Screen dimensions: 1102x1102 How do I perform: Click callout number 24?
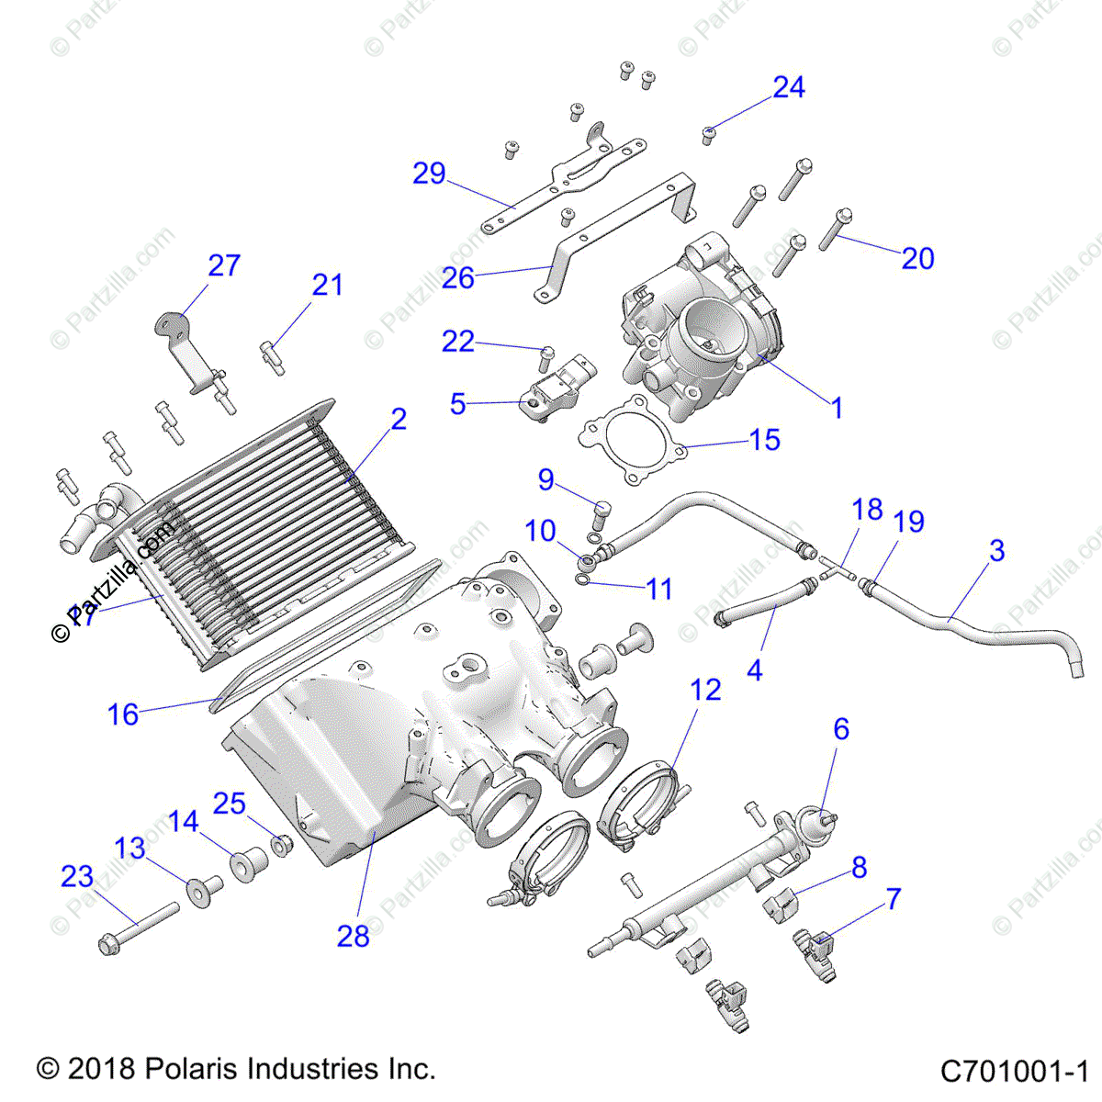[789, 87]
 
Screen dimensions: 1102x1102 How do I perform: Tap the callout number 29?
[429, 174]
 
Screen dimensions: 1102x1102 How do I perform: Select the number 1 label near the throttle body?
[836, 408]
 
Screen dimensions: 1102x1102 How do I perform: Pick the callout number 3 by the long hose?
[997, 551]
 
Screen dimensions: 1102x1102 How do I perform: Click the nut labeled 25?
[283, 842]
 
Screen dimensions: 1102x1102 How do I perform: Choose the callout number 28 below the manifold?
[353, 936]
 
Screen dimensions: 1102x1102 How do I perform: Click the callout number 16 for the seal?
[123, 714]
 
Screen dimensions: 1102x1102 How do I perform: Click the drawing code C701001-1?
[1014, 1072]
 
